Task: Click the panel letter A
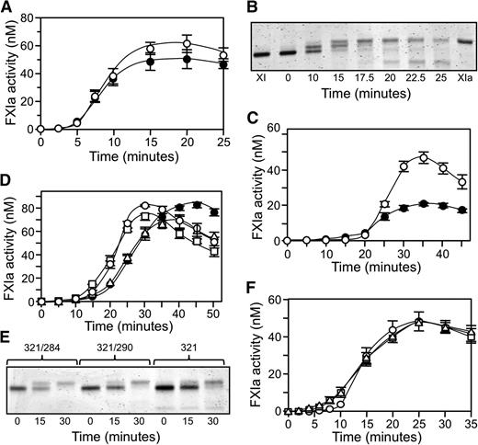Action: coord(8,8)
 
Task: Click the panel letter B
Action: coord(256,8)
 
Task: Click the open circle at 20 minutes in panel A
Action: coord(187,43)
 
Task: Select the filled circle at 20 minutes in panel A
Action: coord(187,60)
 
